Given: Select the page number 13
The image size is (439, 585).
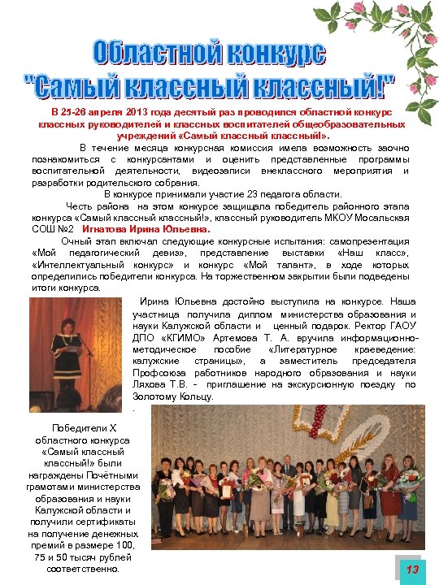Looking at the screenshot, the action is [x=412, y=570].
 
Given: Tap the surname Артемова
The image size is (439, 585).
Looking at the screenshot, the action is [x=241, y=337].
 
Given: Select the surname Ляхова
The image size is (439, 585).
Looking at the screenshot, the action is [x=152, y=385].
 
